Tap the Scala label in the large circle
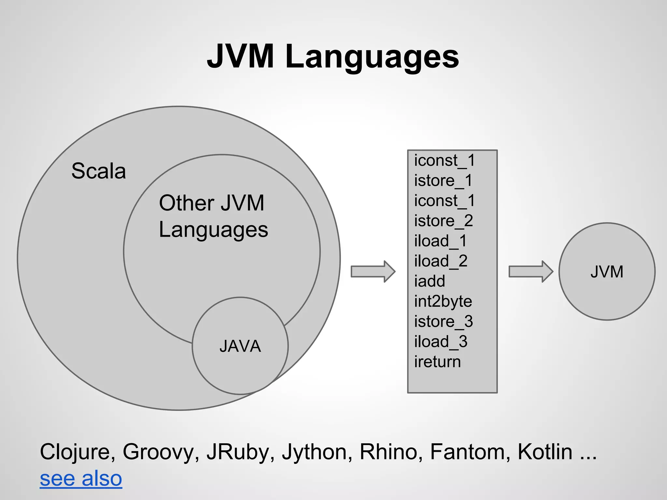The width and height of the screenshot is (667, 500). (x=98, y=171)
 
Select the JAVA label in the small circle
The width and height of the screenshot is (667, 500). (x=240, y=346)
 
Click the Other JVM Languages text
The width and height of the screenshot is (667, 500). (x=213, y=216)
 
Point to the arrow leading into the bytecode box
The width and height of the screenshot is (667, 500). (x=373, y=271)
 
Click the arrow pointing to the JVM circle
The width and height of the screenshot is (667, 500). (x=531, y=271)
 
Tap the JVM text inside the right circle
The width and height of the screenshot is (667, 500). (x=607, y=271)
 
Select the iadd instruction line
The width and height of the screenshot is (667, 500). (x=429, y=281)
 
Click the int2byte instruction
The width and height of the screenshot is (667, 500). (x=443, y=301)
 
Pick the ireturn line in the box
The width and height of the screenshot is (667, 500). (x=437, y=362)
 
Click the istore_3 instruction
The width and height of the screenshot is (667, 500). (x=443, y=322)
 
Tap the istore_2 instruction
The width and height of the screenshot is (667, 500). (x=443, y=221)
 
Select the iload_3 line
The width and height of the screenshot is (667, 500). (x=441, y=342)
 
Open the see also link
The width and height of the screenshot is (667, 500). (x=81, y=479)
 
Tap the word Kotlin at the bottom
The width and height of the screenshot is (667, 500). (x=545, y=452)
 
